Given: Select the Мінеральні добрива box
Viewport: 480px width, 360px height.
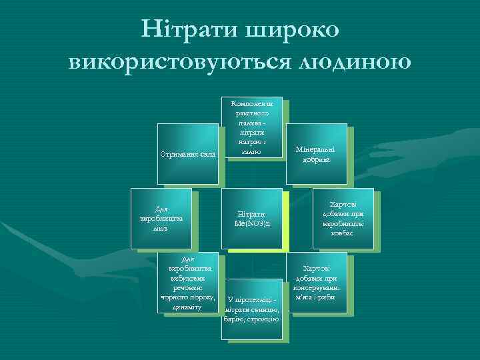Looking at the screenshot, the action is point(315,153).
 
